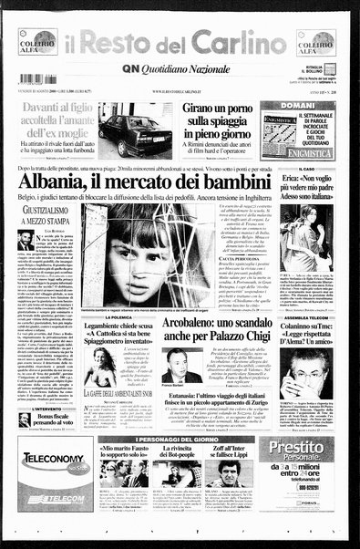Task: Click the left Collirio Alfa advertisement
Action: (x=37, y=42)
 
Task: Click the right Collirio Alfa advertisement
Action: (x=315, y=43)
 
